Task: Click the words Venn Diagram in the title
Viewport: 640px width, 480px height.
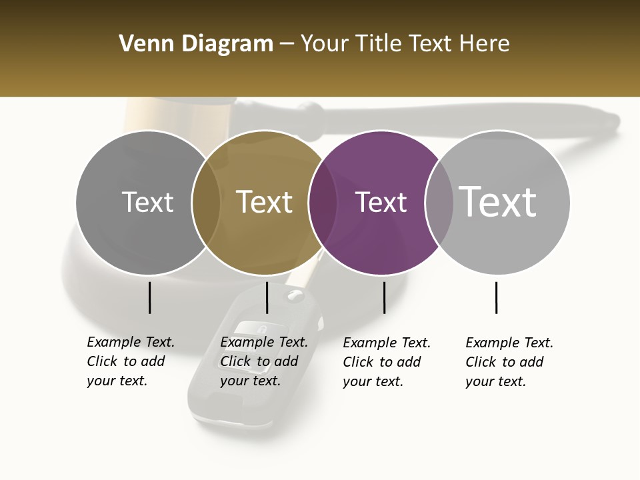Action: [x=196, y=44]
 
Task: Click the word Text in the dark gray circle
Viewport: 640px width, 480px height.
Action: [x=147, y=203]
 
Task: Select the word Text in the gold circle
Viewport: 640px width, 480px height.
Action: [x=264, y=203]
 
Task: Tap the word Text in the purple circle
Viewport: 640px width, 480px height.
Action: [x=381, y=203]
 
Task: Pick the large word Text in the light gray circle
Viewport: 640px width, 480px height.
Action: [x=498, y=201]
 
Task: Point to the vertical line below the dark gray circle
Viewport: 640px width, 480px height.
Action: [x=149, y=297]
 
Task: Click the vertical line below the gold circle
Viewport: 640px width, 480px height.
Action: [x=267, y=297]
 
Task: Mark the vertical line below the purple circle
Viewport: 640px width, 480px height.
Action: [x=384, y=297]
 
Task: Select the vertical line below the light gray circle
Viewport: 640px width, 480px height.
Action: [x=496, y=297]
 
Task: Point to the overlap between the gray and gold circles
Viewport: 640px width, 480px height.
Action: [x=206, y=203]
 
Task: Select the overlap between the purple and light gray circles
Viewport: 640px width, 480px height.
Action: [x=439, y=203]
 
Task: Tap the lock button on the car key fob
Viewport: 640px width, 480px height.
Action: [x=262, y=329]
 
